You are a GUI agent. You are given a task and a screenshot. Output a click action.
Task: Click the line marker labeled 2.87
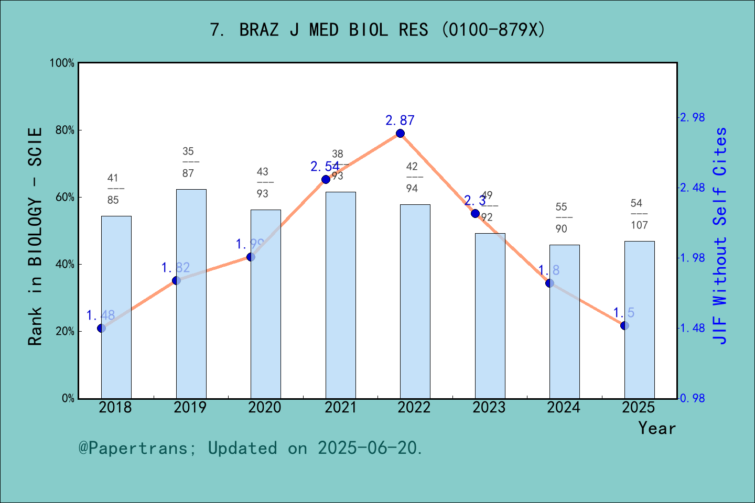tap(400, 133)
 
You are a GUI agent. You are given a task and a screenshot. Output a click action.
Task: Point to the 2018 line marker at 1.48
tap(101, 328)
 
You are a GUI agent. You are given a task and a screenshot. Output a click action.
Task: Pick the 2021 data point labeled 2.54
tap(326, 179)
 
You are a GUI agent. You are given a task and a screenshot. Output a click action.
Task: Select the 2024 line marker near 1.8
tap(549, 283)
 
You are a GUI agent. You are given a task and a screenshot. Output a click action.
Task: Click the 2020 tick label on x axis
tap(265, 407)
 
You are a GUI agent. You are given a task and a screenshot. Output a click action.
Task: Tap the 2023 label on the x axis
tap(489, 407)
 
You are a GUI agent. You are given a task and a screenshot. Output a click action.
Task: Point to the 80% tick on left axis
tap(65, 130)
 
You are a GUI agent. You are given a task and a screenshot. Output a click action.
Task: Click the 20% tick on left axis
tap(65, 331)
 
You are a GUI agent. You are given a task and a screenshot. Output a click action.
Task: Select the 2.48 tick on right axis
tap(692, 188)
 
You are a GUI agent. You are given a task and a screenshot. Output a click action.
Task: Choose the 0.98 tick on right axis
tap(692, 398)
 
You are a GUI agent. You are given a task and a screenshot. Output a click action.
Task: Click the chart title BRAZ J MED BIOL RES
tap(377, 30)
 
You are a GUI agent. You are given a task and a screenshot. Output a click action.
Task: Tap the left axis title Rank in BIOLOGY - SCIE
tap(35, 236)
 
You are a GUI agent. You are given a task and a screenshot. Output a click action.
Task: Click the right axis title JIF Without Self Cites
tap(720, 236)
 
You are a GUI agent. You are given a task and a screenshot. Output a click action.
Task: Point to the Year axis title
tap(656, 428)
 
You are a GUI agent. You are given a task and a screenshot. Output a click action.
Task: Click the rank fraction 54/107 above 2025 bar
tap(639, 214)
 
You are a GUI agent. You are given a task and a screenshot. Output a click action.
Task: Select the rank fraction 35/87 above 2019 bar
tap(188, 162)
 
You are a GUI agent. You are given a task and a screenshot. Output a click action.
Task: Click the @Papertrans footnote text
tap(251, 448)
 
